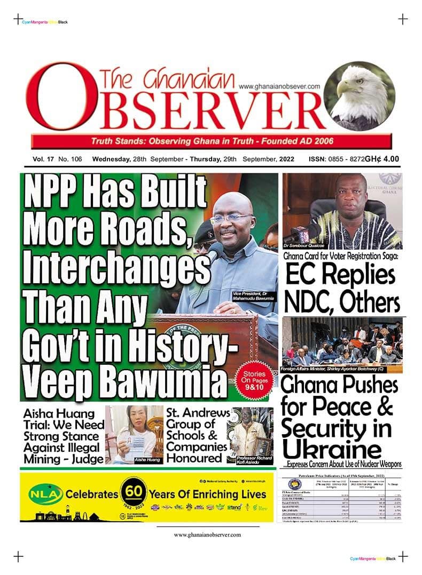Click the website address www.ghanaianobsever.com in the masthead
click(x=279, y=86)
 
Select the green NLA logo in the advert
click(x=43, y=494)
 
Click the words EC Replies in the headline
click(x=340, y=275)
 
